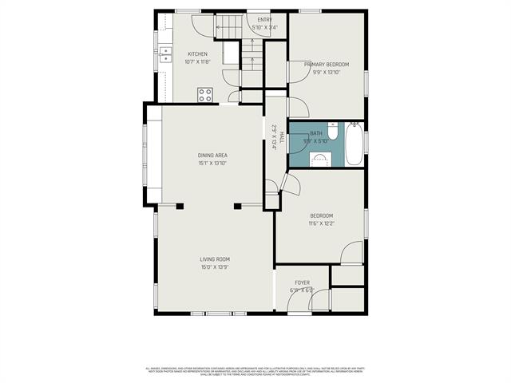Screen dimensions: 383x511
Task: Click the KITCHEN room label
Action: (197, 54)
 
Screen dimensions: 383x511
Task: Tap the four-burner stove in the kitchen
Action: (205, 94)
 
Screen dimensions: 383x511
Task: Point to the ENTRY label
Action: (264, 19)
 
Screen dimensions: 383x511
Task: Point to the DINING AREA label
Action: (212, 155)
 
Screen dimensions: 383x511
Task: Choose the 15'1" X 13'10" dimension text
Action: (212, 163)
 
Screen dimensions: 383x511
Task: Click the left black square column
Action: (180, 207)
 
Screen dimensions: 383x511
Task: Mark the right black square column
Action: (237, 207)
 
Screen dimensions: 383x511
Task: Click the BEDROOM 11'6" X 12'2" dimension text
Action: (322, 223)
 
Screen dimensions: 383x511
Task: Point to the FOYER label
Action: (302, 282)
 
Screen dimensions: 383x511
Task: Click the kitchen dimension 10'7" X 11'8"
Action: (197, 62)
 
